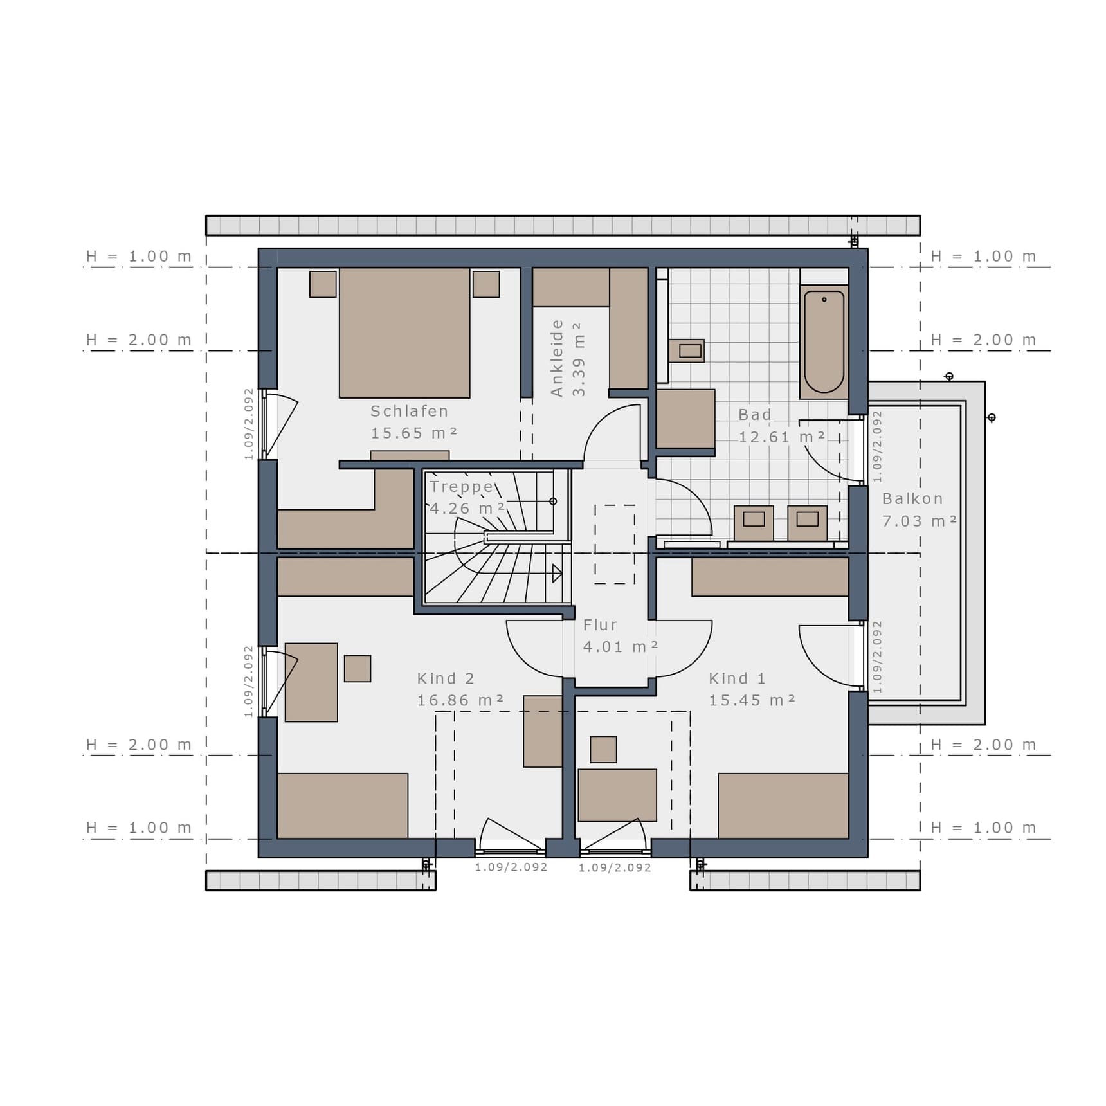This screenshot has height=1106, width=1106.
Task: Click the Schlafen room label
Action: click(409, 411)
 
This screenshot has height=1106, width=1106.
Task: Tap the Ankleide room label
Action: click(557, 358)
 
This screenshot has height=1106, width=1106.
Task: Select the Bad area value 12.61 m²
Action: click(781, 437)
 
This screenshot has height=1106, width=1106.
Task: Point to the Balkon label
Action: click(912, 498)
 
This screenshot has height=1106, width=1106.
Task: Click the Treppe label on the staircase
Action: click(461, 487)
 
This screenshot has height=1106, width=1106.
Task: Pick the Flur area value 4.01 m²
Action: click(621, 647)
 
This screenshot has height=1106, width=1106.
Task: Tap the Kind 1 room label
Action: click(737, 678)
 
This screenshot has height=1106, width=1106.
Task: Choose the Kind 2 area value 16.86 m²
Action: click(460, 700)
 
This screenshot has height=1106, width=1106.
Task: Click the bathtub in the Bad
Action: click(824, 342)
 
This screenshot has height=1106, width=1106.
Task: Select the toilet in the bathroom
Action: click(686, 351)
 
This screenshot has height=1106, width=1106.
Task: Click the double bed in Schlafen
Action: click(404, 332)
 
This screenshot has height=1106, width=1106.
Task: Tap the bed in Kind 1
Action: click(783, 806)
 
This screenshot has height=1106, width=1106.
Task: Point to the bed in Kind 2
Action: click(343, 806)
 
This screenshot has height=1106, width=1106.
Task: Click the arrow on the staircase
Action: click(557, 573)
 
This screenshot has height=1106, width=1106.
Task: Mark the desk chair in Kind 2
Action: click(358, 669)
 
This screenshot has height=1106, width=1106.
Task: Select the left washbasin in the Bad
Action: click(754, 523)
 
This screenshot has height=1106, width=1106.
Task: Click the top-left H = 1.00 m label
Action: click(139, 257)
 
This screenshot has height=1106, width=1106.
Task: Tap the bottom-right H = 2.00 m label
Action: click(984, 745)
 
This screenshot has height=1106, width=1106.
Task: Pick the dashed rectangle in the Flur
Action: click(615, 545)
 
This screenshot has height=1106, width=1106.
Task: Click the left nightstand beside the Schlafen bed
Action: click(323, 284)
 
